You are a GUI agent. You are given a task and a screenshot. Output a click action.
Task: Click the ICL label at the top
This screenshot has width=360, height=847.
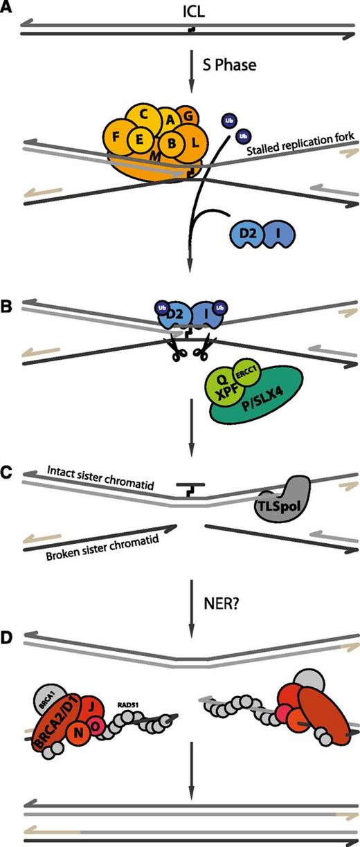coord(179,9)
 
